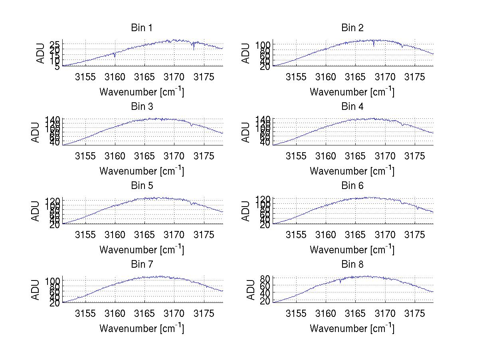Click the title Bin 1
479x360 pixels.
click(142, 28)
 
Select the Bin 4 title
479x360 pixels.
click(352, 107)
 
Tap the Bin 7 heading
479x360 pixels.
click(142, 265)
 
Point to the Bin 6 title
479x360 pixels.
click(352, 186)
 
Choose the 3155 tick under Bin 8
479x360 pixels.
click(296, 313)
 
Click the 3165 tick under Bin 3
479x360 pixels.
click(144, 156)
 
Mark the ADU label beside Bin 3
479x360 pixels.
click(36, 132)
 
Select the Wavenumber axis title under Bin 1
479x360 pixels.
click(142, 92)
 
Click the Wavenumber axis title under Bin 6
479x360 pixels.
click(352, 249)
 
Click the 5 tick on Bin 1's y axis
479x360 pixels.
click(57, 66)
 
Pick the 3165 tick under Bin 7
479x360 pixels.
click(144, 313)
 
